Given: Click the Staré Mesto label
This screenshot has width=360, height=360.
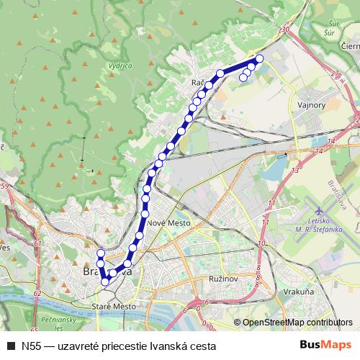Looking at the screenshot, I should [x=114, y=306].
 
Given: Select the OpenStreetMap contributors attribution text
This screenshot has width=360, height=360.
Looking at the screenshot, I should [x=297, y=323].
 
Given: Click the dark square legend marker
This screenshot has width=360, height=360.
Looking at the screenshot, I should [x=10, y=346].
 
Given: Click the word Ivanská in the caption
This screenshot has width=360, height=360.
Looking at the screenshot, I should [x=163, y=346].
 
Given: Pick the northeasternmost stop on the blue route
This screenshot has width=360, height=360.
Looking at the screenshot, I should [x=259, y=58].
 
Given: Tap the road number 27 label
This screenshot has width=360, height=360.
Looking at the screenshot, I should [x=334, y=73].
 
